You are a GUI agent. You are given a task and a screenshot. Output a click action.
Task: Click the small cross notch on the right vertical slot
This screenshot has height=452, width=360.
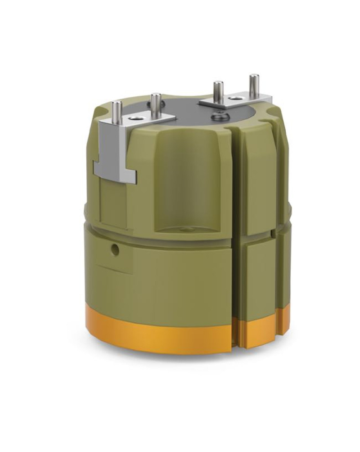[x=273, y=234]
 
